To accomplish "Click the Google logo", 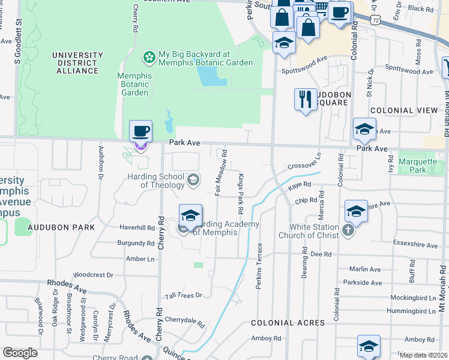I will [20, 353].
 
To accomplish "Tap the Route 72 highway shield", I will [375, 20].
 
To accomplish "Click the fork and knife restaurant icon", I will [306, 99].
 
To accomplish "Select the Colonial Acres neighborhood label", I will [288, 323].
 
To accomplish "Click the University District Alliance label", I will [75, 63].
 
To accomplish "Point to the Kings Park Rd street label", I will [241, 194].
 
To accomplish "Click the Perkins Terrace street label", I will [259, 266].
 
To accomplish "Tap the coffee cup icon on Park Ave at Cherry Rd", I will [140, 131].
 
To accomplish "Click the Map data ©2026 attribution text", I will [423, 355].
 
